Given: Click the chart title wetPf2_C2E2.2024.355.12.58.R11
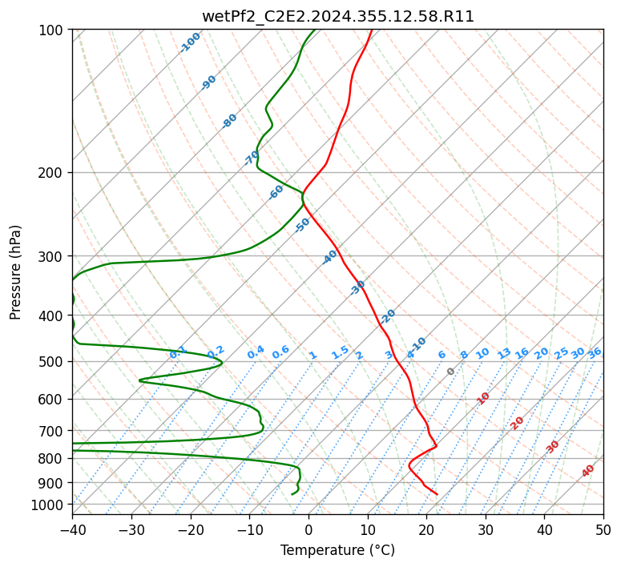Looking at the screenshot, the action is point(338,17).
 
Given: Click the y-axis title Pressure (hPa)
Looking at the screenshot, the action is point(15,272).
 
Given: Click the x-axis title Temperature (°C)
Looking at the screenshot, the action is point(337,550).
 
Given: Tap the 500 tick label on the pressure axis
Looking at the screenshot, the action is point(53,362).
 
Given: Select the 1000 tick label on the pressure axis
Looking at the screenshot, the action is point(50,505).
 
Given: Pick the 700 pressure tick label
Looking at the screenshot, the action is point(53,431).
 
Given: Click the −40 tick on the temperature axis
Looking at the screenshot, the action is point(72,529).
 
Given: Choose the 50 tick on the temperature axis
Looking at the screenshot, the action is point(603,529).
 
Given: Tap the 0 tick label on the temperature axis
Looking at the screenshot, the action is point(309,529).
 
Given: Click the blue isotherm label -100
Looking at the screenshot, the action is point(190,42).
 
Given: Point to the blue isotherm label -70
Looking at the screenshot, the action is point(252,158).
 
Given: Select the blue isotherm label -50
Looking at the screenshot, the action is point(302,225).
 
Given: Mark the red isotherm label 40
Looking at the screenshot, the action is point(587,471).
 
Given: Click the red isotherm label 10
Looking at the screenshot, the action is point(483,398).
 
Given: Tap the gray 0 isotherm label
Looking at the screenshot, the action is point(450,372).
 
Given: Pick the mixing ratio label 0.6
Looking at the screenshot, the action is point(280,352).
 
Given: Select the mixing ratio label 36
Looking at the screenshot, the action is point(595,353).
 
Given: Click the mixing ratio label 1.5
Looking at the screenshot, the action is point(341,352).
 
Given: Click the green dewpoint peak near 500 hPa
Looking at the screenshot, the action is point(222,362).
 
